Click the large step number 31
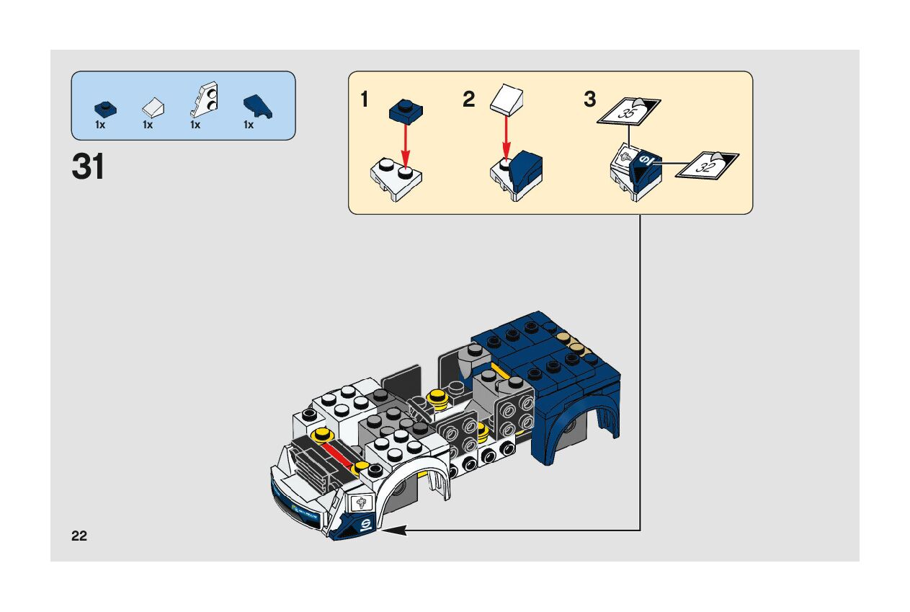tap(88, 167)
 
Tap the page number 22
tap(79, 536)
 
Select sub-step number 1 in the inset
tap(365, 99)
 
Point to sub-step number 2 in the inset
tap(469, 99)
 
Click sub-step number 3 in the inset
tap(590, 99)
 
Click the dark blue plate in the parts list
tap(104, 108)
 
